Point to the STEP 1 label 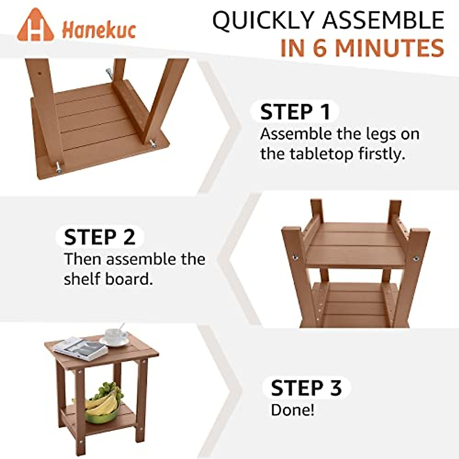[x=295, y=112]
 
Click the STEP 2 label [x=99, y=237]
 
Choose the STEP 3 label [x=306, y=388]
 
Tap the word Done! [x=293, y=410]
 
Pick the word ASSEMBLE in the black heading [x=382, y=21]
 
